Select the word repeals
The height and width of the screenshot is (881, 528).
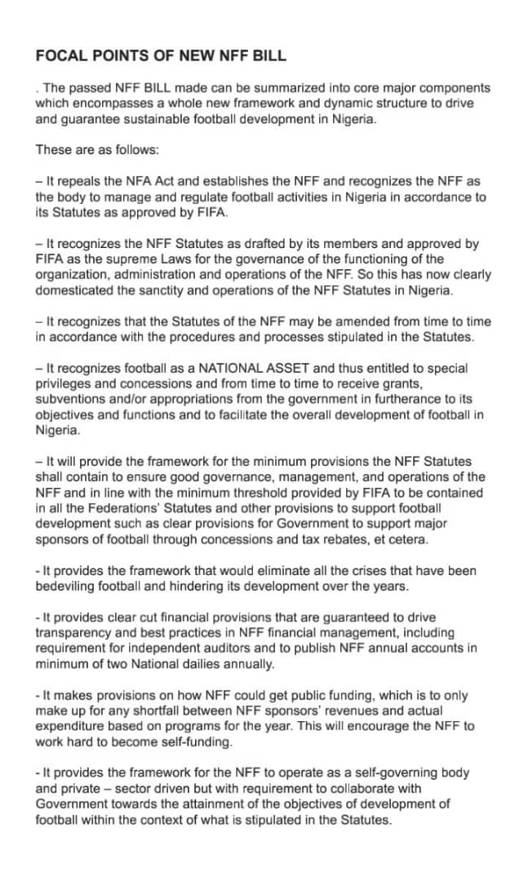78,181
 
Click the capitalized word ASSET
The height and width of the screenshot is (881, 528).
267,368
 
